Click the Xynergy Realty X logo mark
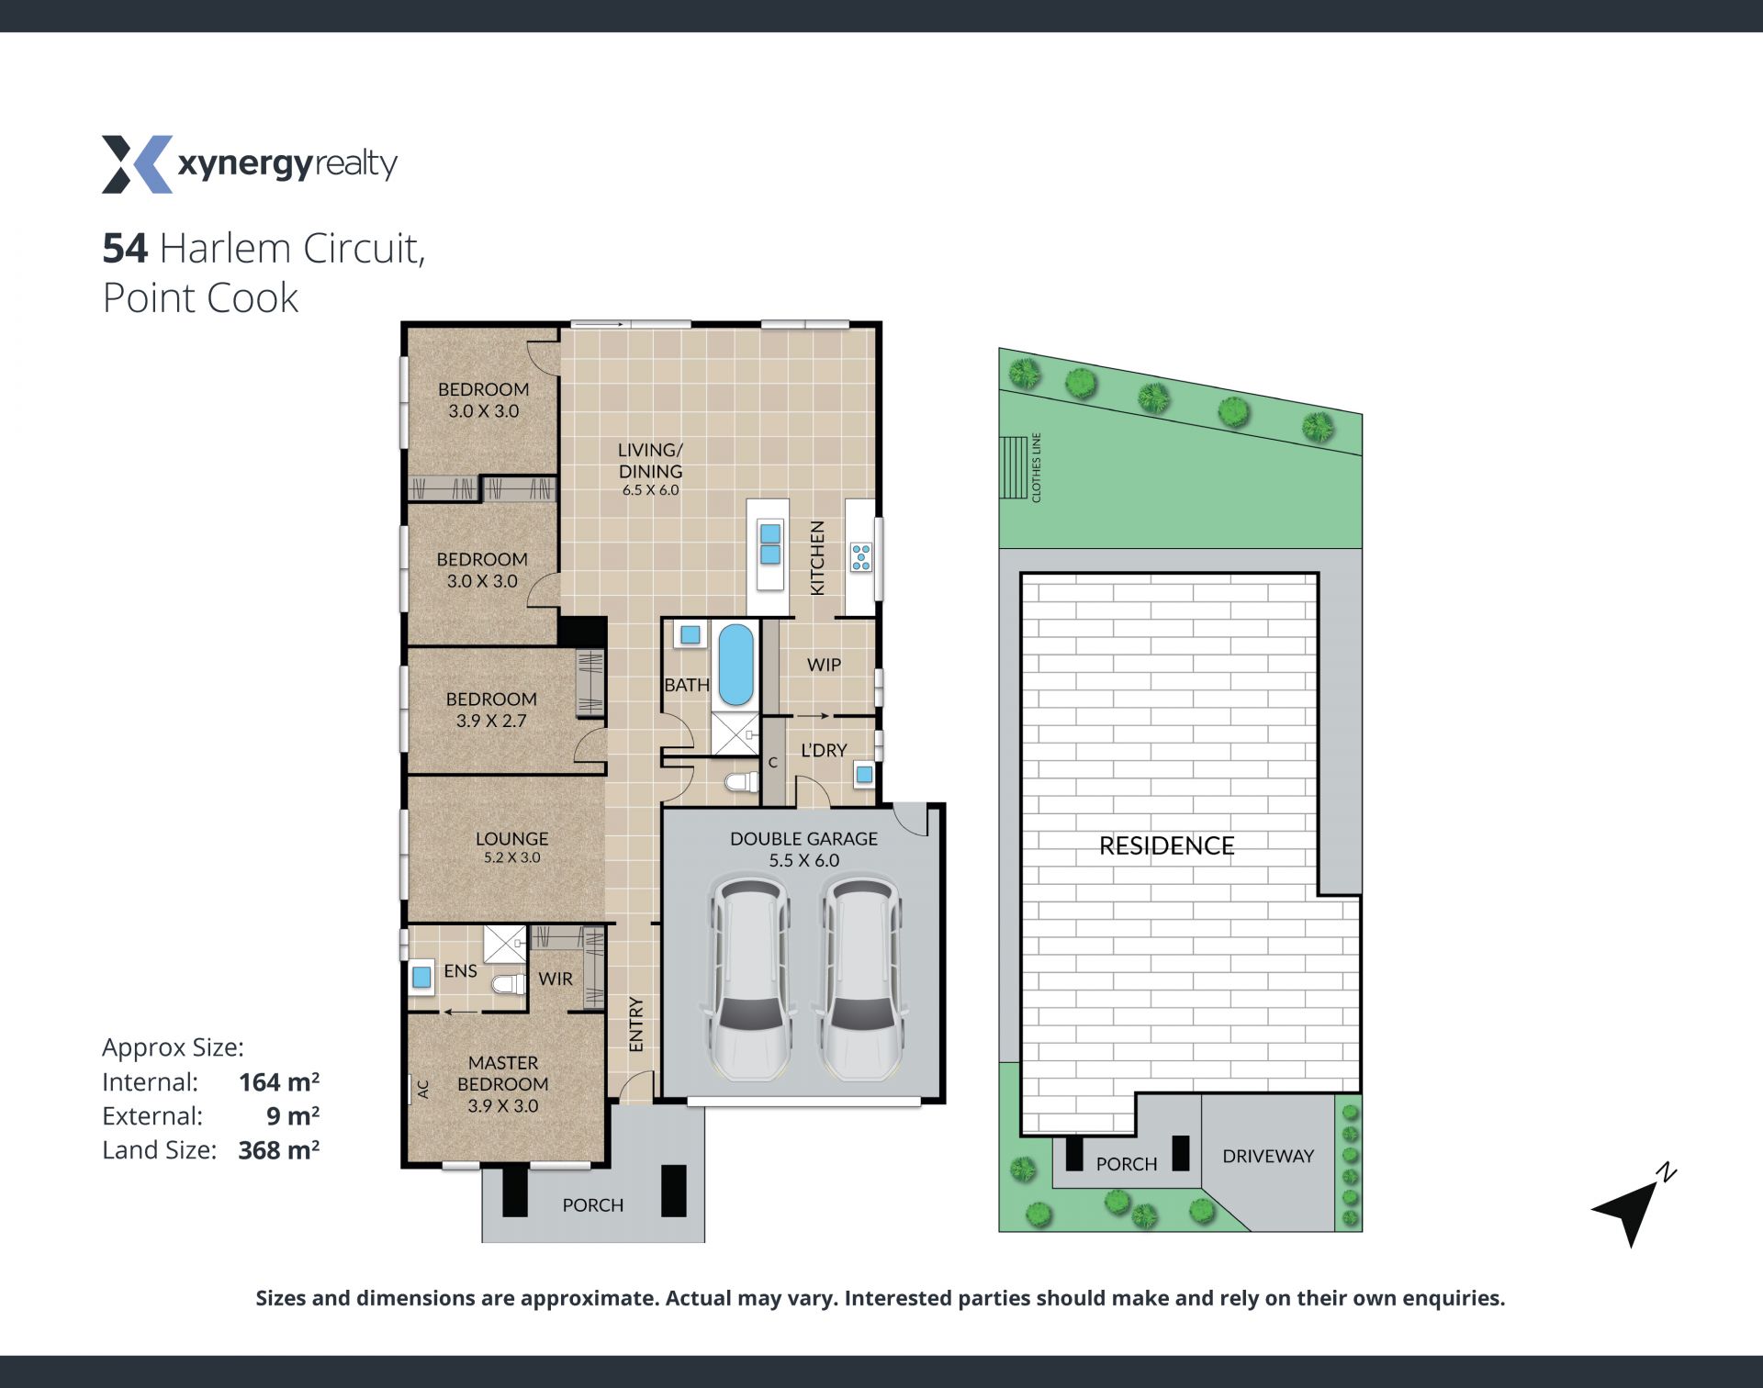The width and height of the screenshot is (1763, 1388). point(137,164)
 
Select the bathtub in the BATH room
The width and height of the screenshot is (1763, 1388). point(736,665)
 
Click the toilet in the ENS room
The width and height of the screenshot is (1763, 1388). point(508,985)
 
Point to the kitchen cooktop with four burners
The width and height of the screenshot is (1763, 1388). point(861,557)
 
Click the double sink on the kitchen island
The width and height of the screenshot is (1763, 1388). point(770,543)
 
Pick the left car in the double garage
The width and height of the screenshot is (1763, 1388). point(747,977)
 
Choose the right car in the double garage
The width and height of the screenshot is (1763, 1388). point(860,977)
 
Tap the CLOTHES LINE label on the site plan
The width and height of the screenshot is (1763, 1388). point(1037,467)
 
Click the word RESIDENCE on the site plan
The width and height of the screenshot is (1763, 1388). point(1166,845)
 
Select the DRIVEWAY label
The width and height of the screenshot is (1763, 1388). point(1268,1156)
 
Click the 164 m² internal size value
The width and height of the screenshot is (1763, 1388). point(279,1081)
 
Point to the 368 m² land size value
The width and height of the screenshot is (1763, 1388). point(279,1149)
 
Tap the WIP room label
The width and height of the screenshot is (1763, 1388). point(824,665)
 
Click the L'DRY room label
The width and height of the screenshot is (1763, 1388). point(824,750)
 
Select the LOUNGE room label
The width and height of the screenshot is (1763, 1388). point(511,838)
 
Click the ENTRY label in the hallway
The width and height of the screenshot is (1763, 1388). point(636,1024)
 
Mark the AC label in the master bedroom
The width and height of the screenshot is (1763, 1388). point(423,1089)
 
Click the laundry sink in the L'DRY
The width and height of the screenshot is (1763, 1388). point(864,775)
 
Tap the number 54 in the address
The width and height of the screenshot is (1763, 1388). point(125,248)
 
